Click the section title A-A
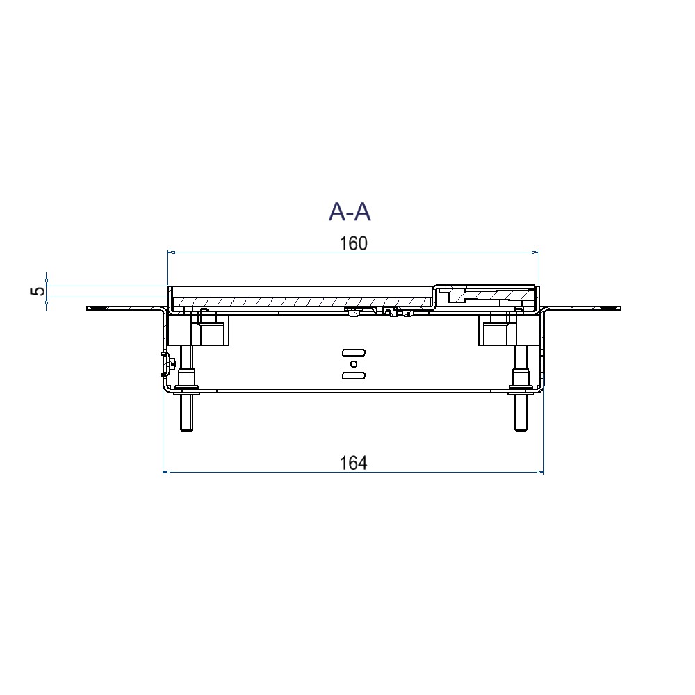point(350,212)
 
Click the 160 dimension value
point(353,244)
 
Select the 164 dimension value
point(353,463)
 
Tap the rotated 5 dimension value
point(39,291)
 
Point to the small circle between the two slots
point(354,364)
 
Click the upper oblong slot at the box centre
point(354,353)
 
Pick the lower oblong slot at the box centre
point(354,376)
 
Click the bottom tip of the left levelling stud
point(186,430)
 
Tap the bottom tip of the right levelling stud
point(521,430)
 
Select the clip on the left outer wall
point(166,364)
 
